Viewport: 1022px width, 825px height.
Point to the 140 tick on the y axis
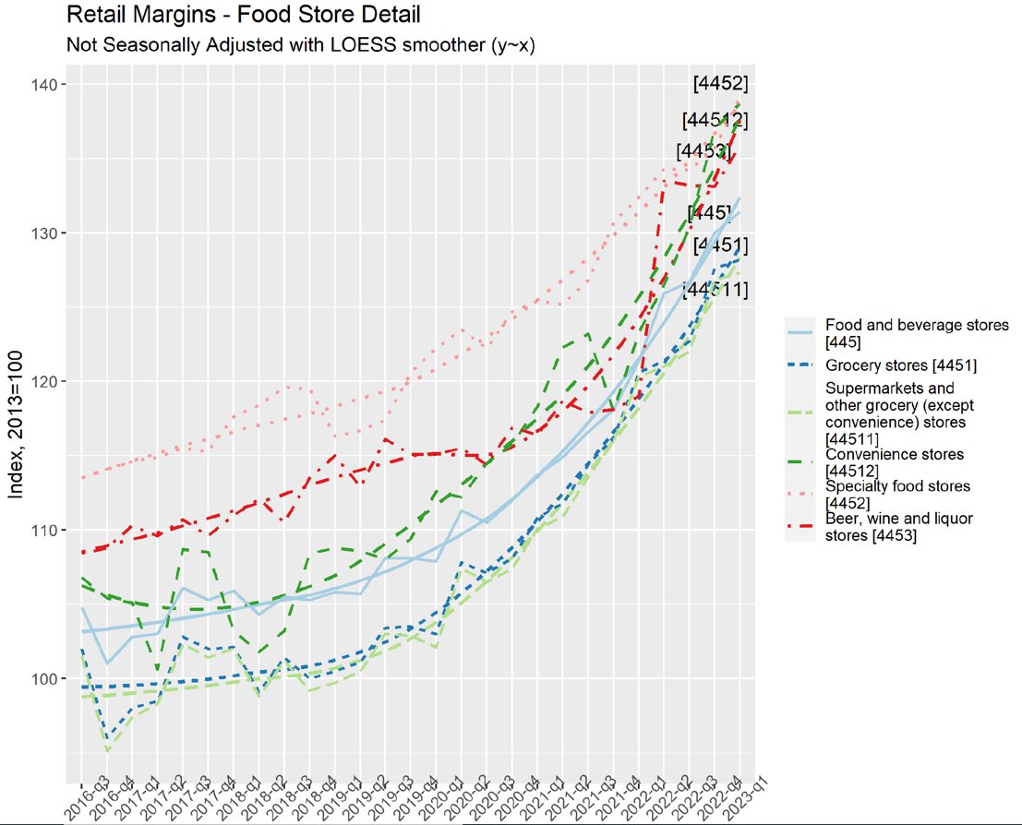pyautogui.click(x=45, y=85)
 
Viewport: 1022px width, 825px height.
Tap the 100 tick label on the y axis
pyautogui.click(x=45, y=678)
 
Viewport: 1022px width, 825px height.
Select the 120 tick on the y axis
pyautogui.click(x=45, y=381)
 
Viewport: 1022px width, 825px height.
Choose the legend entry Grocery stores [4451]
pyautogui.click(x=900, y=365)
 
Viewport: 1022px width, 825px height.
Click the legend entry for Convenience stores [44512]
pyautogui.click(x=894, y=461)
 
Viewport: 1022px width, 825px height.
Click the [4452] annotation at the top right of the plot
pyautogui.click(x=720, y=84)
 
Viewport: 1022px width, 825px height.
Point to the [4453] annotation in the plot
pyautogui.click(x=703, y=150)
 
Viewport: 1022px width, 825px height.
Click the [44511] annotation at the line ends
pyautogui.click(x=715, y=290)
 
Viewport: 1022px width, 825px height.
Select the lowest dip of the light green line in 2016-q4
pyautogui.click(x=108, y=752)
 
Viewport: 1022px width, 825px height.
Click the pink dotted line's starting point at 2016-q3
pyautogui.click(x=82, y=477)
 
